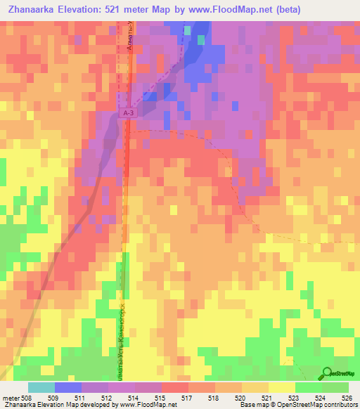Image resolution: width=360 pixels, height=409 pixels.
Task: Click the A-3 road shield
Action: tap(127, 112)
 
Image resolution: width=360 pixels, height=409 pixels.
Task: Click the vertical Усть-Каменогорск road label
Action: tap(121, 330)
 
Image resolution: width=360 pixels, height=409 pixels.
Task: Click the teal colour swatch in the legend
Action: tap(41, 387)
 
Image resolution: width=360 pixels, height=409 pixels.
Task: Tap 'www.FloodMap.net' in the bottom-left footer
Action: tap(150, 405)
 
